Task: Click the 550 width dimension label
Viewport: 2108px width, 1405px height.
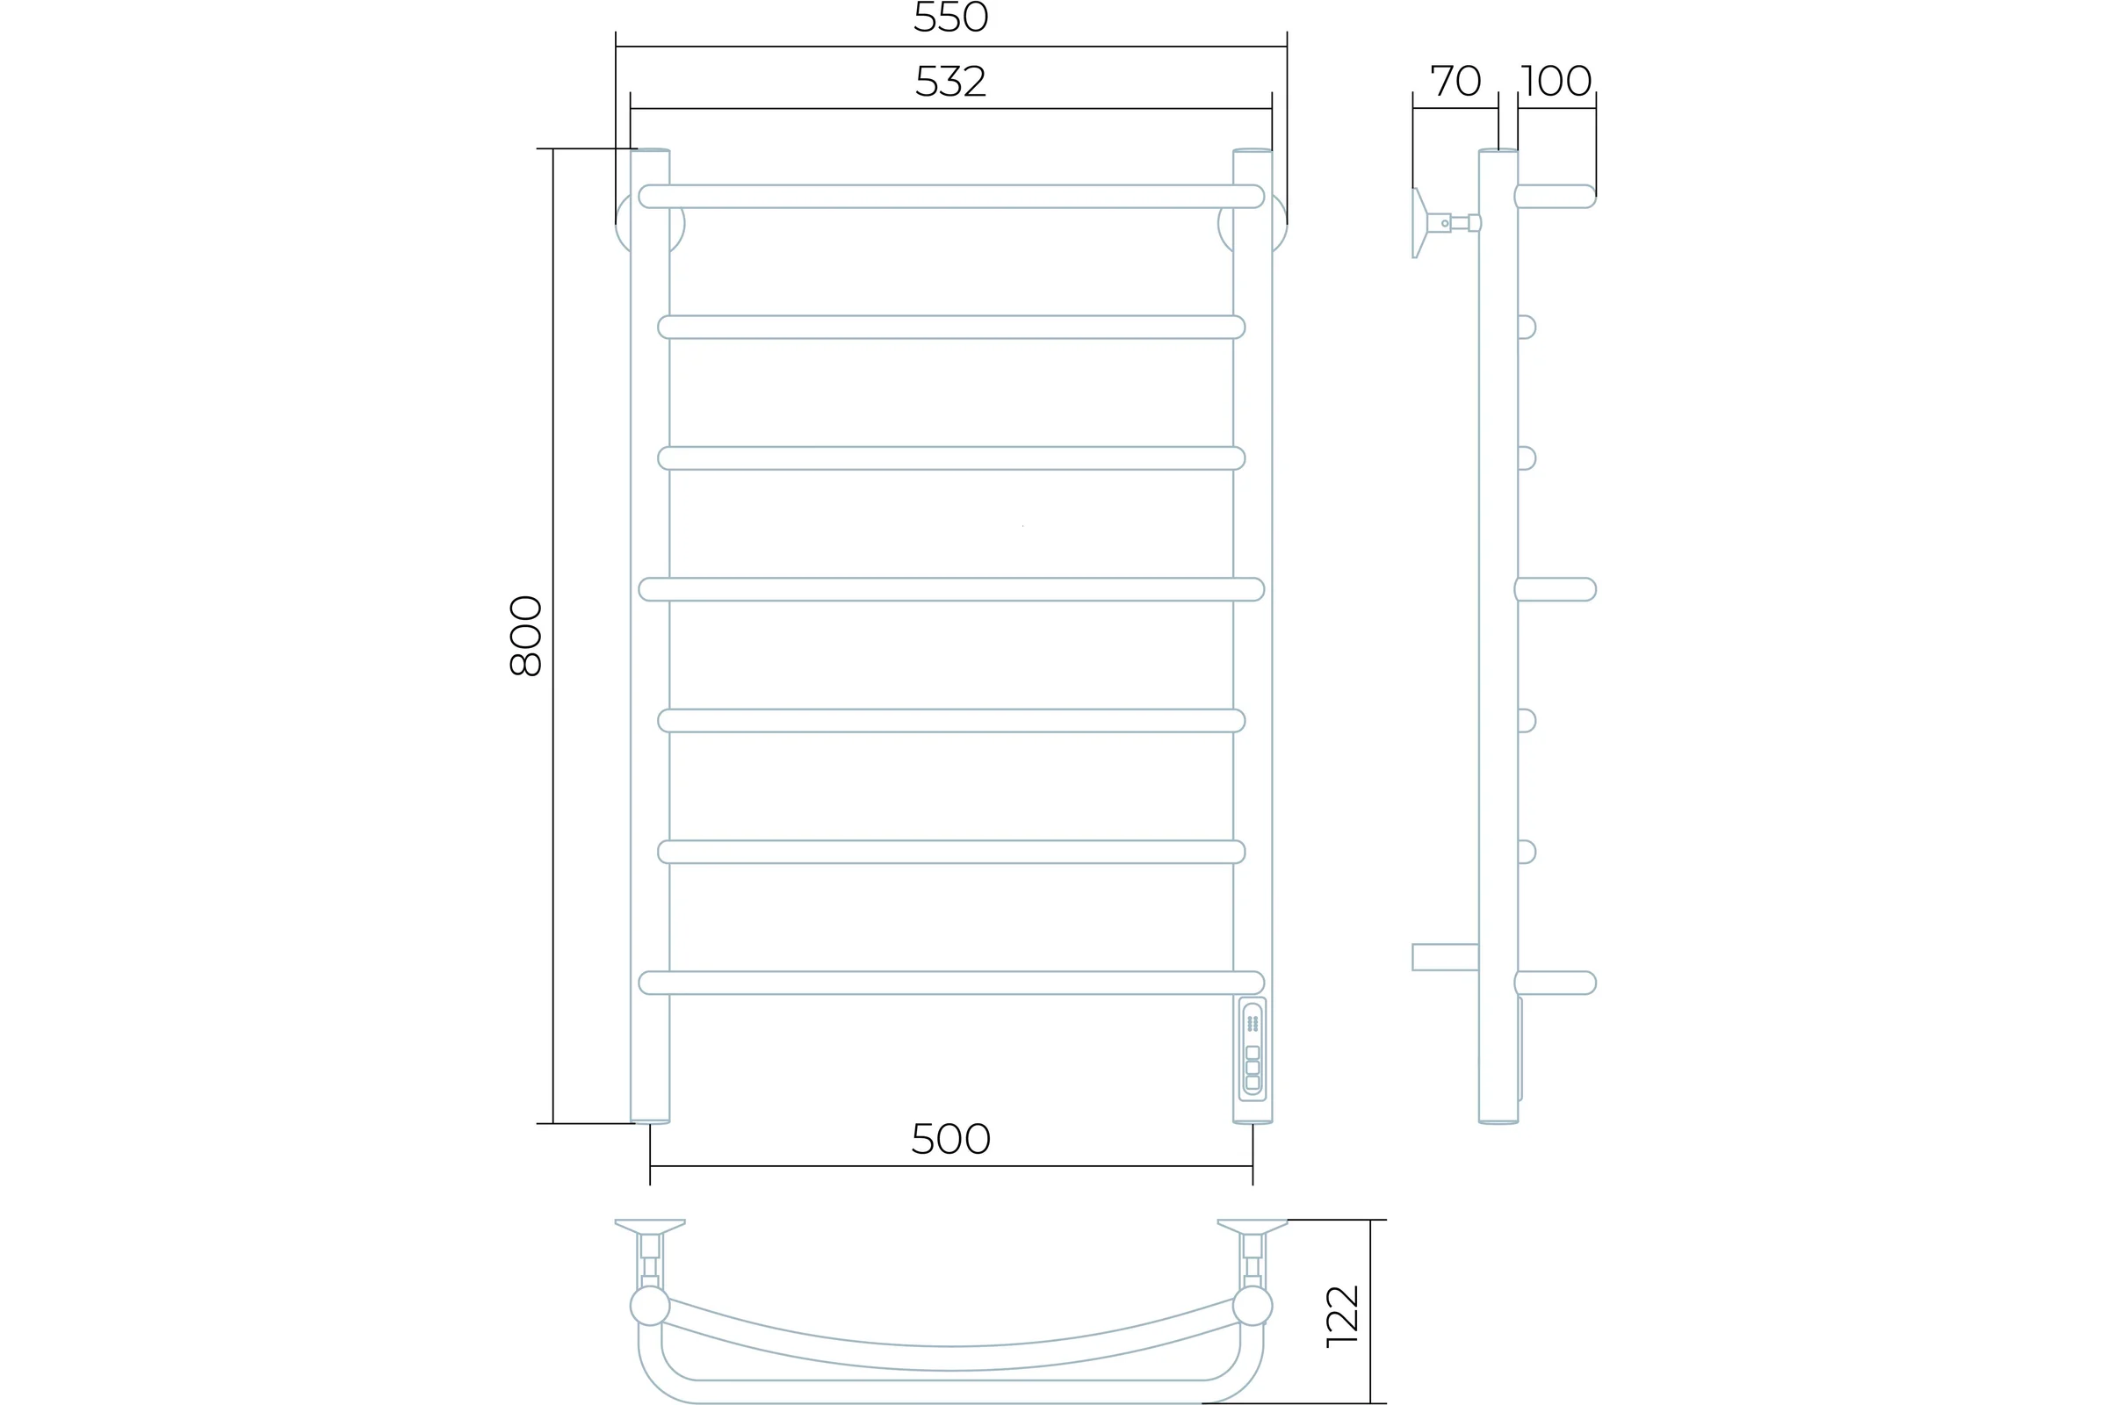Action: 951,16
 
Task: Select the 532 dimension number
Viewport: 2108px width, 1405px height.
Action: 951,82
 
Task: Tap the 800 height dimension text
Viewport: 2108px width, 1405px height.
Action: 526,635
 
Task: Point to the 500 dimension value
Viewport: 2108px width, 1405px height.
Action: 951,1139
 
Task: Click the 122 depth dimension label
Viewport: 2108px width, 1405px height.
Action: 1343,1316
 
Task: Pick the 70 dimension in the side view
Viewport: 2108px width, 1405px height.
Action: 1455,81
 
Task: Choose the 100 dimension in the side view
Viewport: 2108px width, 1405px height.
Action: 1556,81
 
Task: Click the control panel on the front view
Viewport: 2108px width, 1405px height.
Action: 1253,1049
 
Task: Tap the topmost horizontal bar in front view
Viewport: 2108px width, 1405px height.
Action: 951,196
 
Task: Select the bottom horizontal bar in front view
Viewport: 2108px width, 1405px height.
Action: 951,983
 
